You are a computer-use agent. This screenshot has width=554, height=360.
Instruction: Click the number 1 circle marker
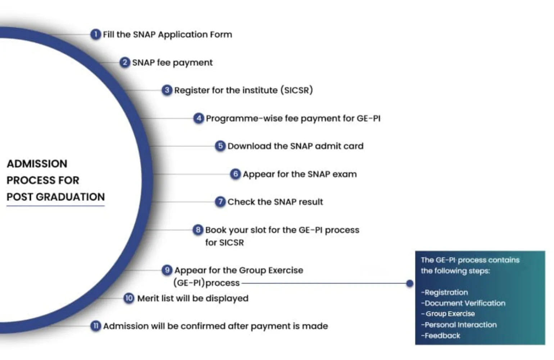point(96,35)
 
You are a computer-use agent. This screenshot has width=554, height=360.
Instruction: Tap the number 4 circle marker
point(199,118)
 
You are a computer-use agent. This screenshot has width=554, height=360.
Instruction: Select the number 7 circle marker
point(220,202)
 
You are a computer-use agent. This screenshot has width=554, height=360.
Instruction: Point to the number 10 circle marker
point(129,298)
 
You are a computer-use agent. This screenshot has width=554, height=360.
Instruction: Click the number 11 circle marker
point(96,326)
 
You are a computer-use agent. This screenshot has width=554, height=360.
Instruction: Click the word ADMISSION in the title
point(37,164)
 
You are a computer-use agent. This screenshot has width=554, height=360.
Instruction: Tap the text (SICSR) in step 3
point(297,90)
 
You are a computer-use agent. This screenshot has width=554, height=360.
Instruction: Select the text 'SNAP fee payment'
point(172,63)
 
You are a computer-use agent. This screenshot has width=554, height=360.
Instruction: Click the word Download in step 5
point(249,146)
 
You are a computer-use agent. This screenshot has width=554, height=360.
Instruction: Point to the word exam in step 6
point(345,175)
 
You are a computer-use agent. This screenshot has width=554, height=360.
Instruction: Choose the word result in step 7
point(311,202)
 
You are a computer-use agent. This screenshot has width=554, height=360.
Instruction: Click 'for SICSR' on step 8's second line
point(224,243)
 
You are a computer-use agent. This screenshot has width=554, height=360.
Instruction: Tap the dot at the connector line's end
point(409,283)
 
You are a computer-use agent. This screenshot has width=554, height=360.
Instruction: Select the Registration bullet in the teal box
point(444,292)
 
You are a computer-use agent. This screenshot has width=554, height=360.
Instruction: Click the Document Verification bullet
point(463,303)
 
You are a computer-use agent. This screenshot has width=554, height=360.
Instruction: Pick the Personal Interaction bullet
point(459,325)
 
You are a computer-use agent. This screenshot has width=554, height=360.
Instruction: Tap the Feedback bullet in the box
point(440,336)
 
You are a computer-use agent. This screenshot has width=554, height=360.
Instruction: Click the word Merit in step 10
point(147,298)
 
